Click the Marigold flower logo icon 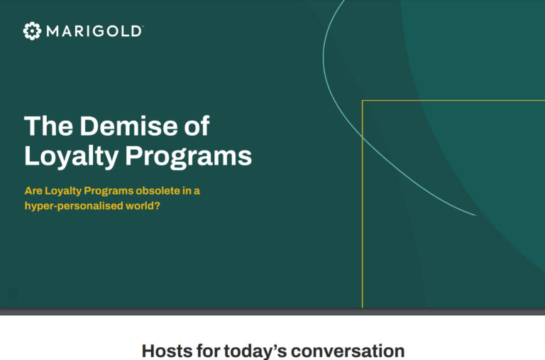point(32,31)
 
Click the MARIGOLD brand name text point(94,31)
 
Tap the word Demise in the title point(128,126)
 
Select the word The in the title point(49,126)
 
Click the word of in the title point(197,126)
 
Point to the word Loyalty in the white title point(72,157)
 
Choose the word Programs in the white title point(188,157)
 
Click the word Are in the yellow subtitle point(33,191)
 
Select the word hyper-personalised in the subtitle point(74,206)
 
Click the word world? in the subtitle point(143,206)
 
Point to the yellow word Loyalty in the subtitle point(63,191)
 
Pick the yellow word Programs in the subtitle point(109,191)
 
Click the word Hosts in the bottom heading point(167,351)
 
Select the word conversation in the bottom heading point(348,351)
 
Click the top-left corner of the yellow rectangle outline point(362,101)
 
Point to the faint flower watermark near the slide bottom point(13,294)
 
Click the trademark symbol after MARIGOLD point(143,26)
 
